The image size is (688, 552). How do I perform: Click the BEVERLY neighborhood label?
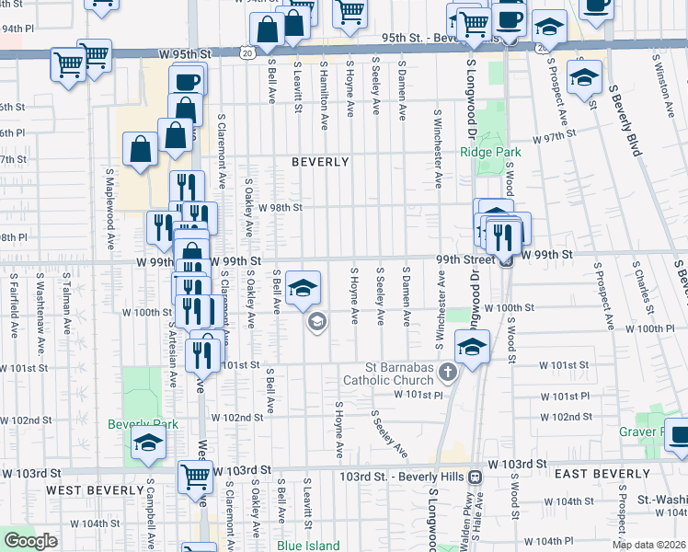320,162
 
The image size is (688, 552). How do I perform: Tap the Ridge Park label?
490,153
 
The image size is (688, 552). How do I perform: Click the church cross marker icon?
448,372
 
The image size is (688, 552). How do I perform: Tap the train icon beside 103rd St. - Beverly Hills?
476,477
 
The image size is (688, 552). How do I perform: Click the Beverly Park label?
142,424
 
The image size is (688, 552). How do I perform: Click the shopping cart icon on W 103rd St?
196,476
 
